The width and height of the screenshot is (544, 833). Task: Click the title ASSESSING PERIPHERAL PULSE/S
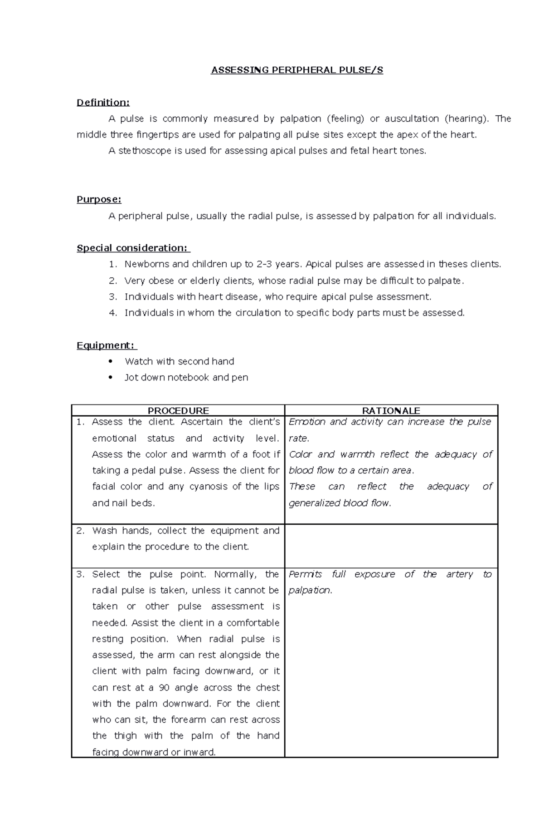pos(297,70)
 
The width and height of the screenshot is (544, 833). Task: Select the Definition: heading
pos(103,102)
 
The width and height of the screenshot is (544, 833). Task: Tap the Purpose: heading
pos(99,199)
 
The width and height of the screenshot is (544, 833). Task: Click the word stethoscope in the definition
pos(145,151)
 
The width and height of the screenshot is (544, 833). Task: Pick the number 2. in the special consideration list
pos(113,281)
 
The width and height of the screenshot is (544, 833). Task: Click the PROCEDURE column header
pos(178,410)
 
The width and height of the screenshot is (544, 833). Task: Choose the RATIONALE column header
pos(391,410)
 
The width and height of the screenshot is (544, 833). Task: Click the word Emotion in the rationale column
pos(307,422)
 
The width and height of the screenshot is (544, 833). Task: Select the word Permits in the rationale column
pos(305,574)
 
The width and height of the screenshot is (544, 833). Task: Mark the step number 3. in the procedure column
pos(81,574)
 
